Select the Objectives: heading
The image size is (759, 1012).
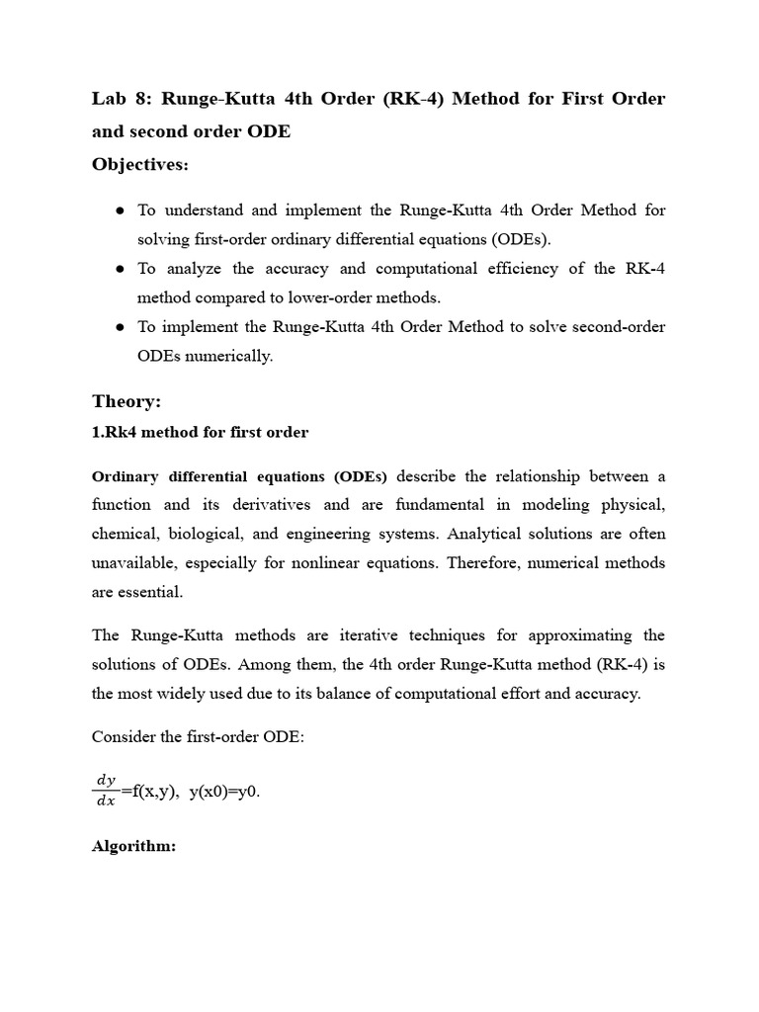139,164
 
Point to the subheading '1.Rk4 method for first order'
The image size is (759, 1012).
201,432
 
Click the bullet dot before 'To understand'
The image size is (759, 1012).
119,211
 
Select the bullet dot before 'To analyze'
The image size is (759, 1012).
119,269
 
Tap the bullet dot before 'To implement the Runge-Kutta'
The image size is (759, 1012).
119,327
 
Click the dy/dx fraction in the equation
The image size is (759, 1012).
105,792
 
